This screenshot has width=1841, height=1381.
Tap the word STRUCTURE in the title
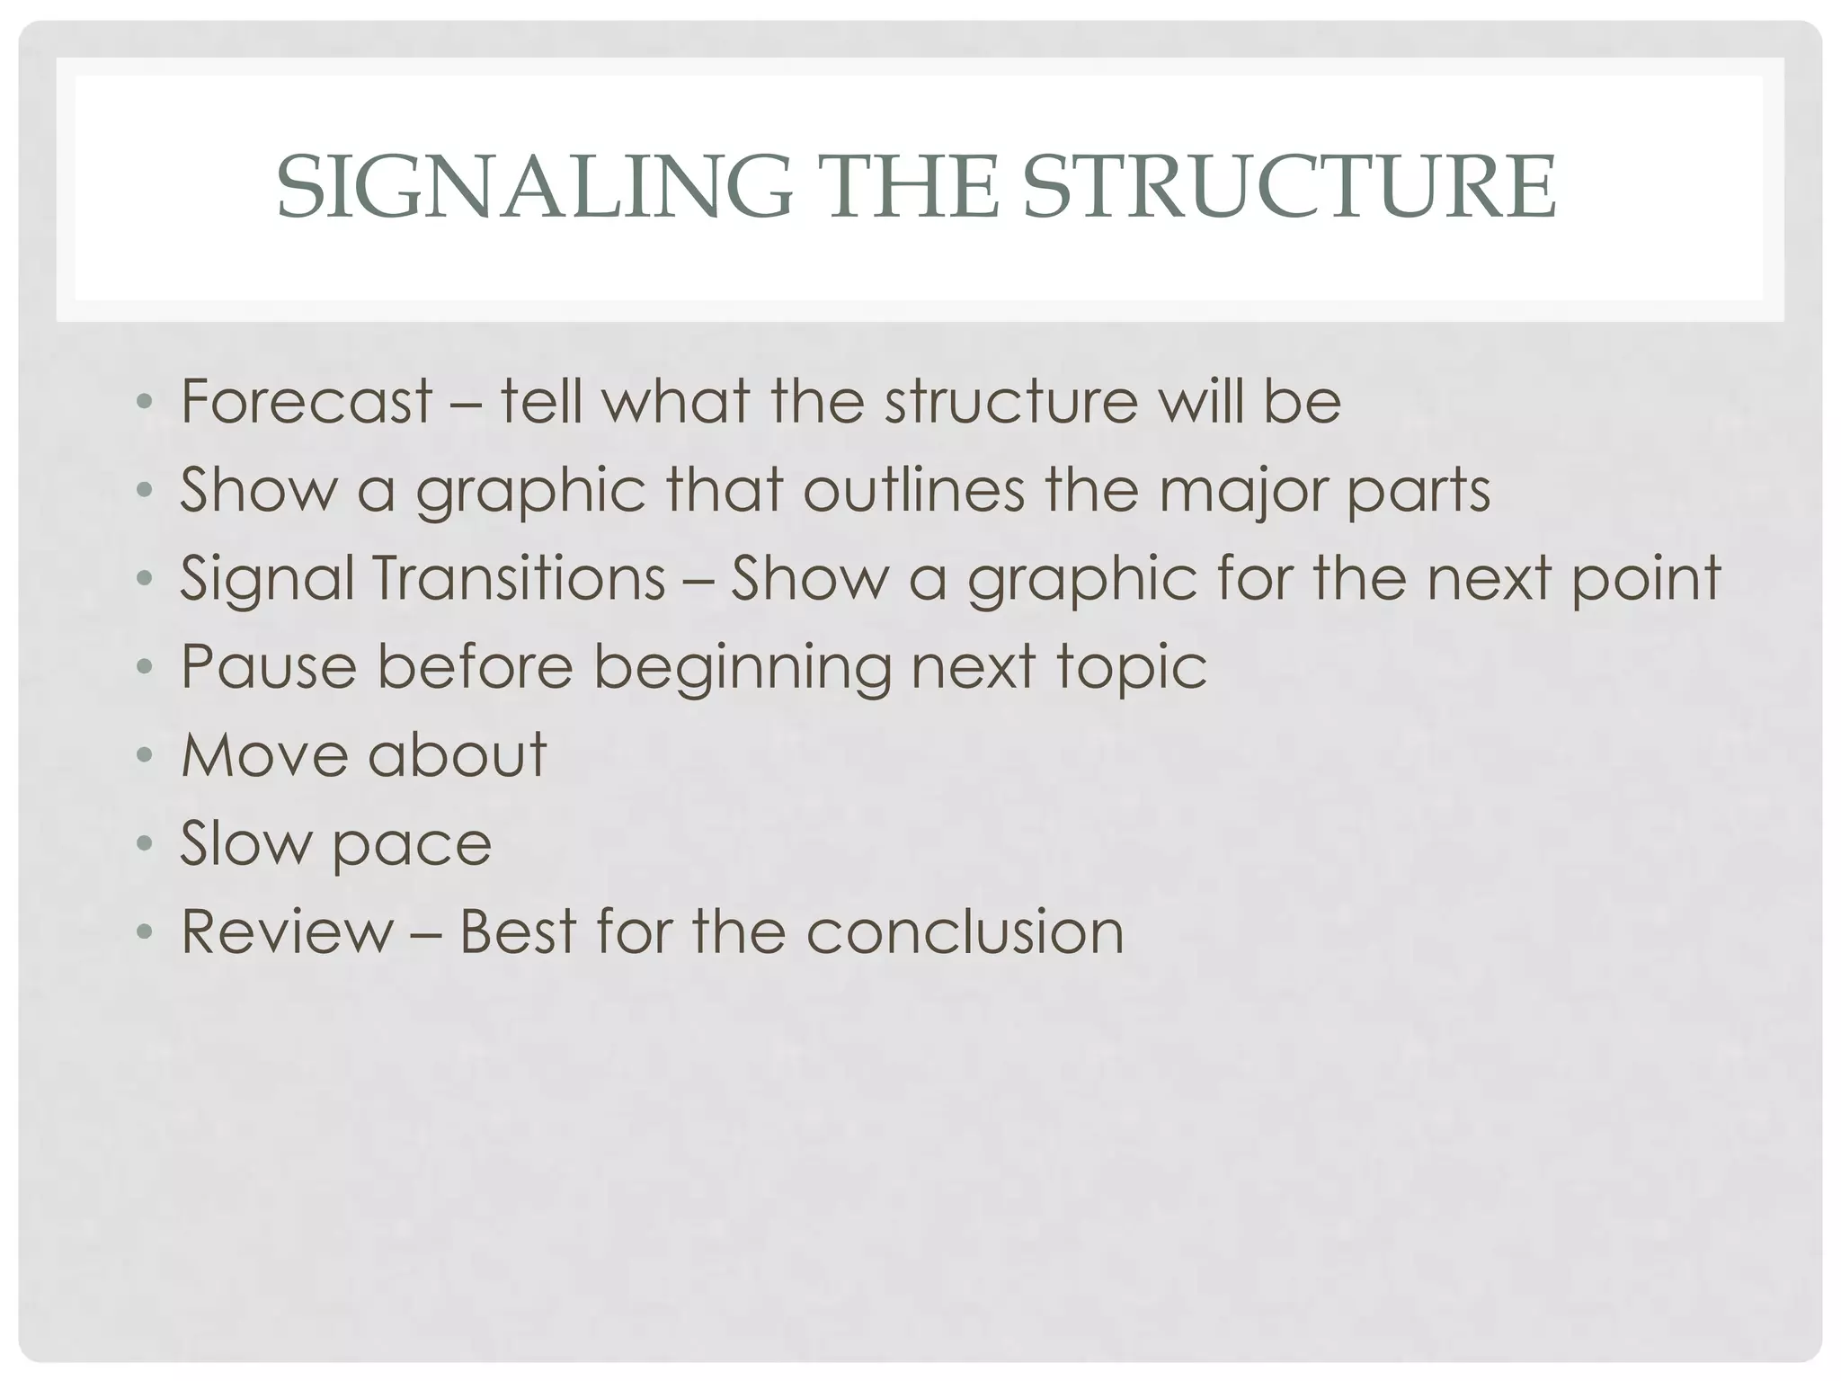click(1289, 187)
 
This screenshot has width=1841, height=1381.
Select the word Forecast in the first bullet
click(307, 401)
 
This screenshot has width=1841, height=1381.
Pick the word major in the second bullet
click(1241, 492)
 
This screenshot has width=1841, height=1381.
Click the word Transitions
click(519, 578)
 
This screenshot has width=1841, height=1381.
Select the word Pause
click(269, 666)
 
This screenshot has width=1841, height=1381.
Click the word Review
click(287, 931)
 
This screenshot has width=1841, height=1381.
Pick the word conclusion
click(965, 931)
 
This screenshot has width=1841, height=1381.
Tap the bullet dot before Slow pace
click(144, 844)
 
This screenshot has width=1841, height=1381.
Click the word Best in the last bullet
click(517, 931)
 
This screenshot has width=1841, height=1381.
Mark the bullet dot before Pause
click(144, 667)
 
